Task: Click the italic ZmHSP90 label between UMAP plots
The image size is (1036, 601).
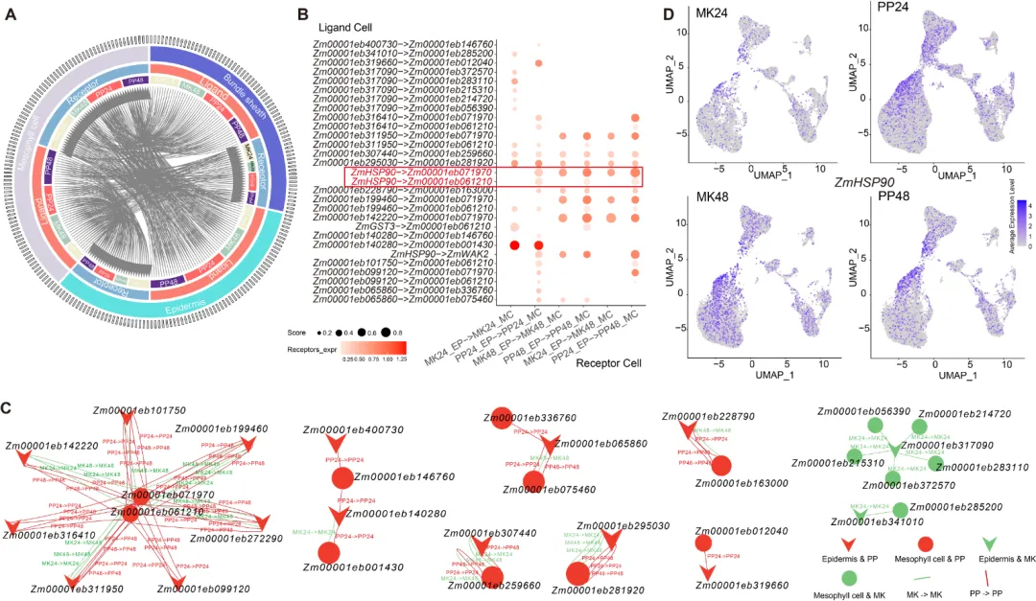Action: pyautogui.click(x=864, y=182)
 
